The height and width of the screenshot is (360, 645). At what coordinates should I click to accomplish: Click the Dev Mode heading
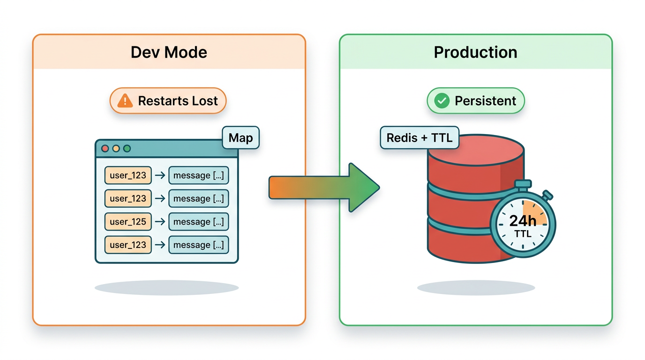click(x=169, y=52)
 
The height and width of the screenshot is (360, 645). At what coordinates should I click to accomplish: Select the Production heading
click(x=475, y=52)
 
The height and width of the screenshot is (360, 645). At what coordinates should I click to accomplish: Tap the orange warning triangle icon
click(x=125, y=101)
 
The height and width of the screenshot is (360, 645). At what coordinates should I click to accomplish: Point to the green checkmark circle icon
click(x=442, y=101)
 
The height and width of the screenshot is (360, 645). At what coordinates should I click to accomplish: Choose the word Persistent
click(x=485, y=101)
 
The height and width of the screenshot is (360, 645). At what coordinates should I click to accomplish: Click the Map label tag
click(x=240, y=138)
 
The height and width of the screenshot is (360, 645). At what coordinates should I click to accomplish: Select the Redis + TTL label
click(x=420, y=138)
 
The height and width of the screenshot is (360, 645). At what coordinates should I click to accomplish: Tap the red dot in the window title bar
click(x=105, y=149)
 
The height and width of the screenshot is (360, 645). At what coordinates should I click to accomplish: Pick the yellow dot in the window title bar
click(x=116, y=149)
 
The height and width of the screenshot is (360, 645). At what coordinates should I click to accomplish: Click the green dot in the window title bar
click(x=127, y=149)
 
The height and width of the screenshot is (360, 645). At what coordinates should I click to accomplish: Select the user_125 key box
click(x=128, y=222)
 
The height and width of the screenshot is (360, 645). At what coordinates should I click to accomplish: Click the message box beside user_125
click(x=198, y=222)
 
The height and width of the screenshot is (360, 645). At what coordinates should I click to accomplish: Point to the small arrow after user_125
click(x=160, y=222)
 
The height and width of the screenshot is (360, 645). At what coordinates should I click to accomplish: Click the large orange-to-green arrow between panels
click(x=323, y=187)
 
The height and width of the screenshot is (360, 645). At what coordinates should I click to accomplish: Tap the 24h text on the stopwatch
click(x=523, y=221)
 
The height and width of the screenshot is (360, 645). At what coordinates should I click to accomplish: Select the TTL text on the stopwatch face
click(x=523, y=233)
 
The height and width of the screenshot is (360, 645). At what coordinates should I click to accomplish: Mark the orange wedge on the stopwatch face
click(x=534, y=212)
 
